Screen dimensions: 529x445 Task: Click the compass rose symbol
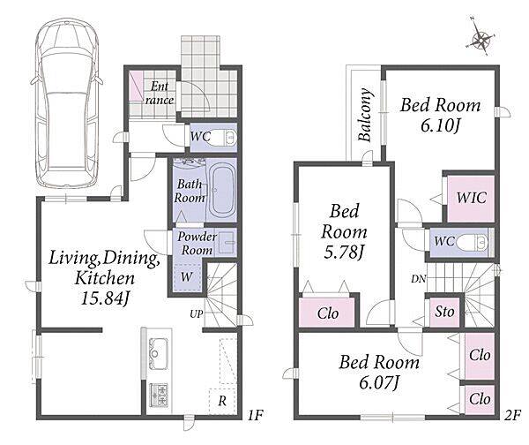[481, 41]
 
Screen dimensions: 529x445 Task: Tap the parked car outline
[67, 103]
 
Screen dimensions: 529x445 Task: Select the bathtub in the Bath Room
[221, 190]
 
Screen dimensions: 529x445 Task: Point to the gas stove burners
[159, 395]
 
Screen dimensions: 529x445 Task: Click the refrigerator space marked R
[222, 401]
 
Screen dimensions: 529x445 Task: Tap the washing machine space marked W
[187, 277]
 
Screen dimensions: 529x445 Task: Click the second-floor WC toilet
[473, 242]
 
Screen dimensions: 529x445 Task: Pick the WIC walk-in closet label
[472, 198]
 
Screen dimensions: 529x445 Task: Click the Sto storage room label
[444, 312]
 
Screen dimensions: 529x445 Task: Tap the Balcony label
[365, 115]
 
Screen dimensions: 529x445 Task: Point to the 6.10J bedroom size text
[440, 126]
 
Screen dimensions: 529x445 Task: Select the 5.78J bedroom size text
[344, 253]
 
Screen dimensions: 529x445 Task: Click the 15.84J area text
[105, 298]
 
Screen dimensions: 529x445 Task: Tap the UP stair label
[197, 314]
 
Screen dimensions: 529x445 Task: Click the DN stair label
[419, 279]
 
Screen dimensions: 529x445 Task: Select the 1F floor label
[255, 415]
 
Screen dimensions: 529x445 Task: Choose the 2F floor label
[512, 415]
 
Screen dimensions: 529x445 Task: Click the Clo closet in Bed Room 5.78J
[327, 313]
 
